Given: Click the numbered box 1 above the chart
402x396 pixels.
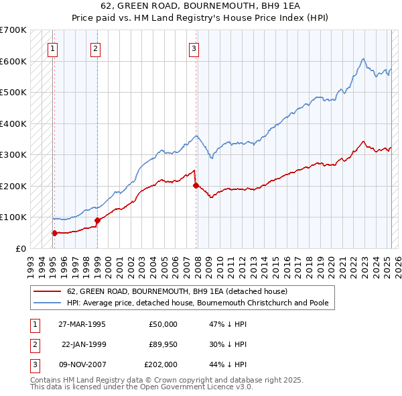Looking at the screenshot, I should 52,48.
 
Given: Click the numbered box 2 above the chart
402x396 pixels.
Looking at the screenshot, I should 96,48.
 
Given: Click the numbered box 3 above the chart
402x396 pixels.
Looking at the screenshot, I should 194,48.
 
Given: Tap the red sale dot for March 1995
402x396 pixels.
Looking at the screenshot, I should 54,233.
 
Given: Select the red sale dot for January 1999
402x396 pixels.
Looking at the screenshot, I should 97,220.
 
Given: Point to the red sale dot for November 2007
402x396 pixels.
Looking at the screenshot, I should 196,185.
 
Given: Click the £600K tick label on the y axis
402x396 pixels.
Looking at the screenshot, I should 13,61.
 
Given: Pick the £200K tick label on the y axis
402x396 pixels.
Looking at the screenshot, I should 13,186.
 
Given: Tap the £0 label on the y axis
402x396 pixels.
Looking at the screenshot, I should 21,248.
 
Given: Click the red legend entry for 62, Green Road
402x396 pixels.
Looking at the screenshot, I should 177,291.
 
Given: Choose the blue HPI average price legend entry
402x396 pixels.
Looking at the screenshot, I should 198,303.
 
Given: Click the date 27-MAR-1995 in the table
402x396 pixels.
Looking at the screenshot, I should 82,324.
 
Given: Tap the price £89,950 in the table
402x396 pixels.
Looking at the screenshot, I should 161,344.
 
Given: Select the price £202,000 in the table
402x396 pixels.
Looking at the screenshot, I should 161,364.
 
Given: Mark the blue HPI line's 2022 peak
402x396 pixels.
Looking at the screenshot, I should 362,59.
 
